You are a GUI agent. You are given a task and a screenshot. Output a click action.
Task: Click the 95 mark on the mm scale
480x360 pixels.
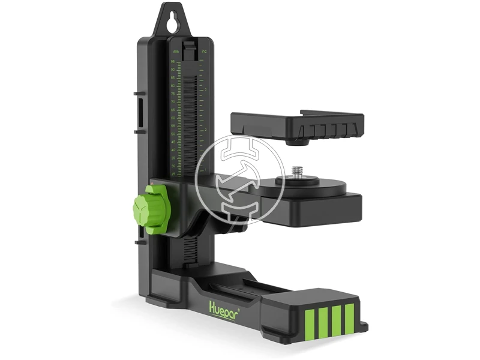coord(173,61)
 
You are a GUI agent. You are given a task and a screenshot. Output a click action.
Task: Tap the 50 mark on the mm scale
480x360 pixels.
coord(173,134)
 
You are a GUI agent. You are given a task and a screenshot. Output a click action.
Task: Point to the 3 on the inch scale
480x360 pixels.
coord(206,89)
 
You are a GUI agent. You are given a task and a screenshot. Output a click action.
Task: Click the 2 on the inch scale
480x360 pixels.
coord(206,130)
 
